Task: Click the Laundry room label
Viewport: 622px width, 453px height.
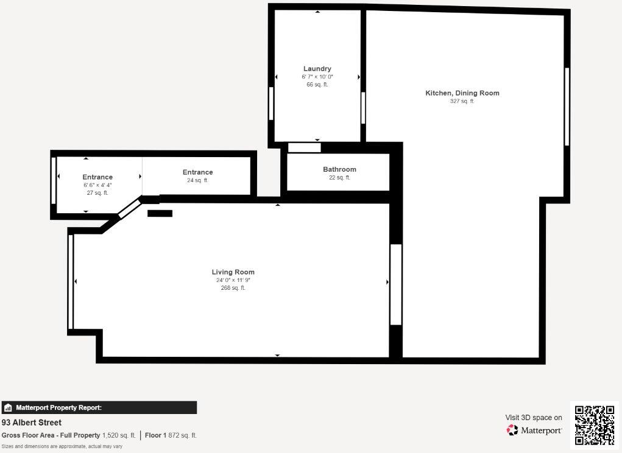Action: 317,69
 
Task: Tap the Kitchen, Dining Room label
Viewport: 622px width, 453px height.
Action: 462,93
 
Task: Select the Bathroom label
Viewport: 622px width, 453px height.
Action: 339,169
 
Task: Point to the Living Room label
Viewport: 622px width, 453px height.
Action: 233,272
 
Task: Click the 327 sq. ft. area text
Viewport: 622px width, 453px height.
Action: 462,102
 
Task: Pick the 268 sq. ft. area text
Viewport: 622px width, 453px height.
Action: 233,288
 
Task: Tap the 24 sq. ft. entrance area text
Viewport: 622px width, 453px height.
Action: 197,180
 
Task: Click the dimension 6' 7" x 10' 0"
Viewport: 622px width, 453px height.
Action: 317,77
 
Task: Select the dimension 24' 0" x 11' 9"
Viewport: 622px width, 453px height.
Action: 233,280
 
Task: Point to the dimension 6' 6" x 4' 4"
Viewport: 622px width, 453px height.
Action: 97,185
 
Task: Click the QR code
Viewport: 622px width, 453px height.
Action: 594,425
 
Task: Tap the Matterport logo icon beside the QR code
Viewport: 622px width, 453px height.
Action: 512,430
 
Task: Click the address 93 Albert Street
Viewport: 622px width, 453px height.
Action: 32,423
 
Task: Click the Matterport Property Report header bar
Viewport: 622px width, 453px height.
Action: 99,407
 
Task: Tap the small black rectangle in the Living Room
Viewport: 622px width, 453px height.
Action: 160,214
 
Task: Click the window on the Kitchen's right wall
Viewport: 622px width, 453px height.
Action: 567,107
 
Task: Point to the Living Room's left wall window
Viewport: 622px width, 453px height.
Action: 71,281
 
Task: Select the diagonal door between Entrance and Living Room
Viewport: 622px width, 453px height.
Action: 129,208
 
